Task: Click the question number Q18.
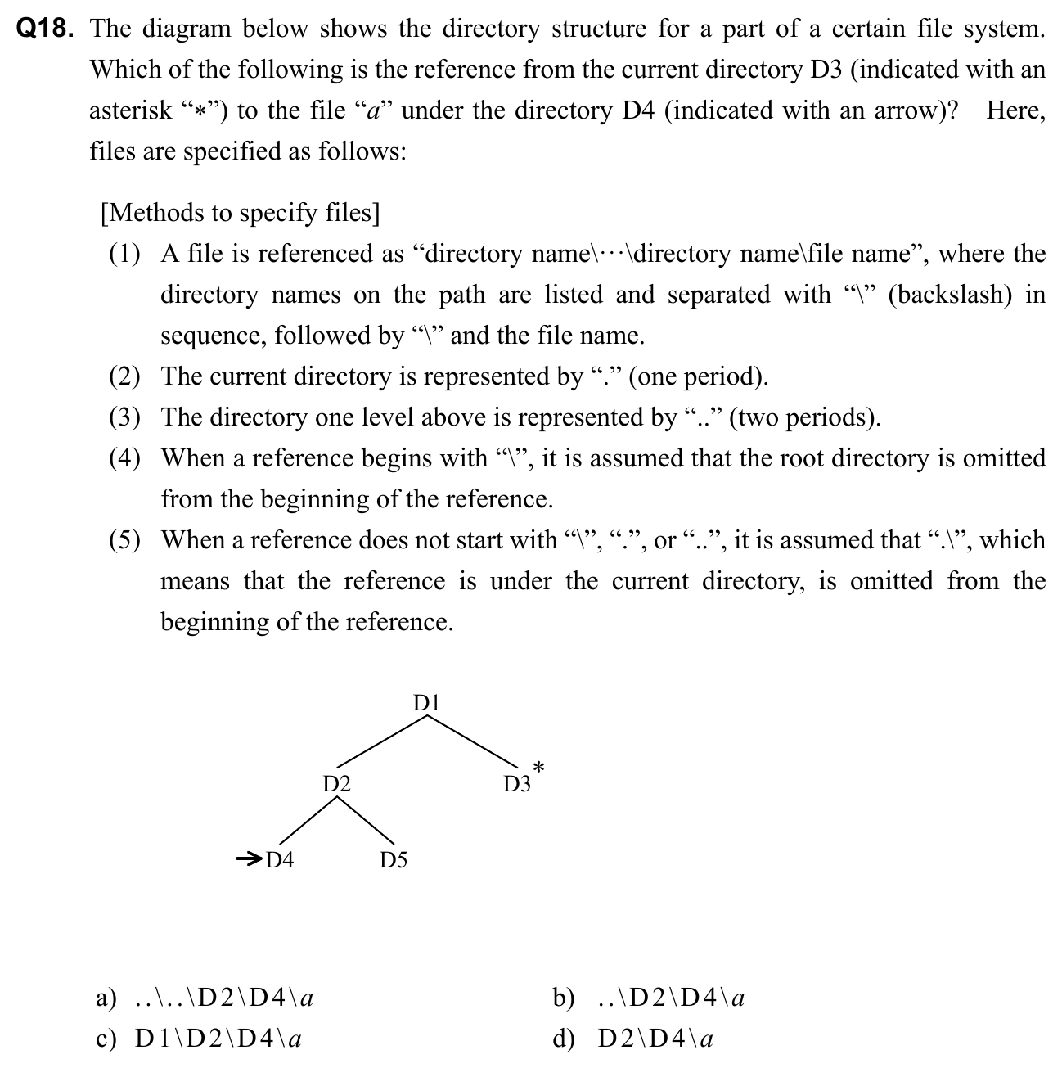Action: (x=46, y=29)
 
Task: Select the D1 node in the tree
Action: (x=426, y=703)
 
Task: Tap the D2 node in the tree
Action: (x=336, y=784)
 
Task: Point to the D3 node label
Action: (x=516, y=785)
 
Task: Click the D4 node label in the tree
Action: (x=280, y=859)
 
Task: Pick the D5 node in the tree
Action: (x=394, y=859)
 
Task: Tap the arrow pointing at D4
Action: (x=248, y=858)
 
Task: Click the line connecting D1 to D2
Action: (x=381, y=741)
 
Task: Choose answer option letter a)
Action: (x=106, y=998)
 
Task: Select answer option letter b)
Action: (x=563, y=998)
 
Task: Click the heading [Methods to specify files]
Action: (x=240, y=213)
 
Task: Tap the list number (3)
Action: (x=125, y=417)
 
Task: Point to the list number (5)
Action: (x=125, y=540)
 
